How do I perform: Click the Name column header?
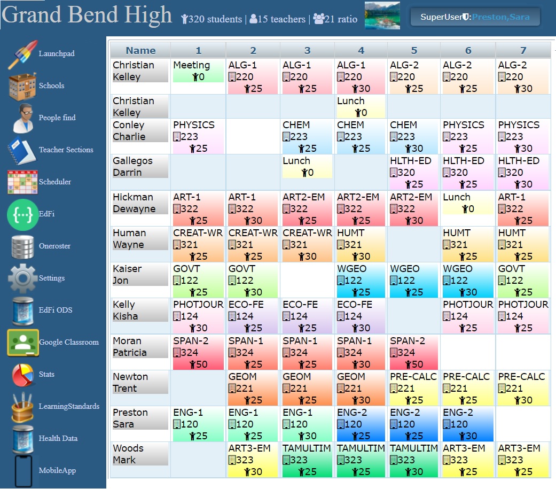(140, 51)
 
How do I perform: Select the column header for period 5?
(414, 51)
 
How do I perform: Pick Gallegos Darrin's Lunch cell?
(307, 167)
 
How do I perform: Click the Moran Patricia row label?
(140, 347)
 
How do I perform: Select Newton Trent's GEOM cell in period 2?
(253, 389)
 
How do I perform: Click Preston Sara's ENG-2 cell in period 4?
(361, 424)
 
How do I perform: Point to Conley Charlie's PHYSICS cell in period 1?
(198, 137)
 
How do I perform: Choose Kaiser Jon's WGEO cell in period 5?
(414, 281)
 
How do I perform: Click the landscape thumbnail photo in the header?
(382, 16)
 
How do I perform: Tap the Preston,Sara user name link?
(501, 17)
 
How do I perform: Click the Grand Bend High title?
(87, 16)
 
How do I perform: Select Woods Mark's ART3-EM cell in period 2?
(253, 460)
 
